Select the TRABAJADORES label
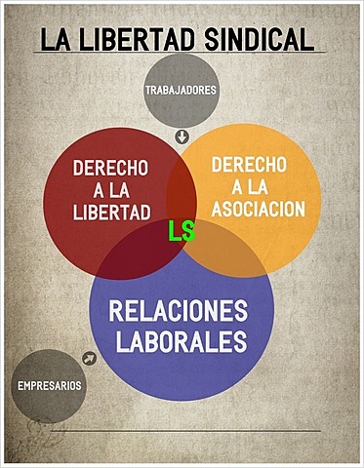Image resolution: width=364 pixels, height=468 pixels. click(181, 91)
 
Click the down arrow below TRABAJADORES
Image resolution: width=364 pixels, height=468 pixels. click(181, 136)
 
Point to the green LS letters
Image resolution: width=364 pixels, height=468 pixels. click(181, 232)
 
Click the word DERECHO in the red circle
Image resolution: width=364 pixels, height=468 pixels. click(110, 168)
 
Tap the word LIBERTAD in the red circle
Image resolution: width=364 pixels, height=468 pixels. click(110, 212)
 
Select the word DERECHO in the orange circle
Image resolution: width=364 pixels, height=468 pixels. click(251, 163)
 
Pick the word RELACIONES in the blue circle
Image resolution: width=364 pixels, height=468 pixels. click(179, 312)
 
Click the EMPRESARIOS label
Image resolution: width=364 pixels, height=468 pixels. click(50, 386)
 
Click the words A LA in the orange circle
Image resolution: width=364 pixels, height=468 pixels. click(251, 185)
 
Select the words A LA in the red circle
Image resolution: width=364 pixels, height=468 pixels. click(110, 190)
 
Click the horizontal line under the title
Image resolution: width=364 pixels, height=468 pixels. click(181, 53)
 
